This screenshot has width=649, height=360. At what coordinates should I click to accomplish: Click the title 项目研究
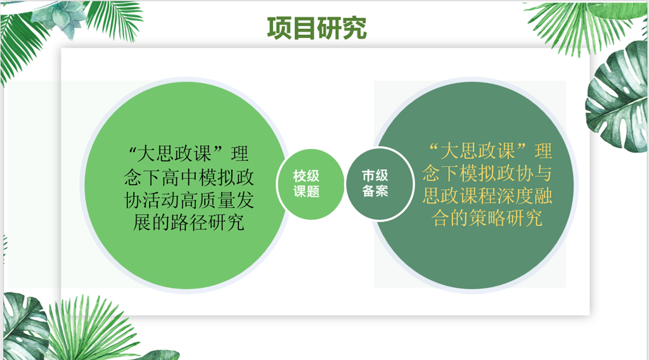click(317, 28)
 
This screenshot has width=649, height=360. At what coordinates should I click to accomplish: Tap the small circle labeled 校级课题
click(310, 184)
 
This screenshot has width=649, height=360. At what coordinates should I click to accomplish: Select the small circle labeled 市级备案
click(379, 184)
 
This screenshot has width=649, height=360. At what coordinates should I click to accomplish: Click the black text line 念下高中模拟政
click(189, 177)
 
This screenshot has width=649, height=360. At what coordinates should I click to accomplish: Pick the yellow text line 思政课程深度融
click(487, 195)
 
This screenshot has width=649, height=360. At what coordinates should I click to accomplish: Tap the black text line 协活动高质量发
click(189, 200)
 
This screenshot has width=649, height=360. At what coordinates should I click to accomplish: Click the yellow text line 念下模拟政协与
click(487, 173)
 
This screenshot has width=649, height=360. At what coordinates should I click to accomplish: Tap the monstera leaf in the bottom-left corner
click(25, 326)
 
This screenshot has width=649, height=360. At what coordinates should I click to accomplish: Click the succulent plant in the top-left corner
click(62, 16)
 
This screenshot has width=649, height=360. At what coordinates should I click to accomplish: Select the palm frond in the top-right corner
click(579, 25)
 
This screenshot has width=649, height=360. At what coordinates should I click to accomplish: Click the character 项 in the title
click(280, 28)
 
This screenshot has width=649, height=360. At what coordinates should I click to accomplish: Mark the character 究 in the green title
click(354, 28)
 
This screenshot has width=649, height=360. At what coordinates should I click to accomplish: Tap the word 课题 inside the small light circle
click(307, 191)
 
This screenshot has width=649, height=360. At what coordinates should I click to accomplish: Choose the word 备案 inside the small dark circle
click(375, 191)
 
